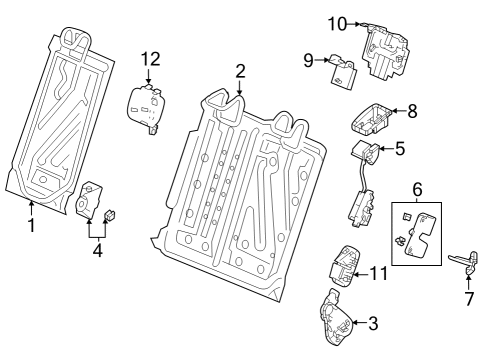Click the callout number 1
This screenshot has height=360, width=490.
coord(31,226)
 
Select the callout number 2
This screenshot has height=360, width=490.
coord(240,70)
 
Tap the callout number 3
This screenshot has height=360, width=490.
coord(373,323)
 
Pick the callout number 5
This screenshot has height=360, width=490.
coord(399,149)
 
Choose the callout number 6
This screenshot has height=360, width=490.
coord(417,189)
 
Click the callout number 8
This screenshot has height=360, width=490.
coord(412,114)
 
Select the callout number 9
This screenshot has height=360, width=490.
coord(310,61)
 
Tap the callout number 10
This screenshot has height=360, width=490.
coord(337,22)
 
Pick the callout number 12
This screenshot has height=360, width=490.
coord(149,59)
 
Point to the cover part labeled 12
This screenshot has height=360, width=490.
coord(146,105)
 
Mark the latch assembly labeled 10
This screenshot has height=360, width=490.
coord(386,50)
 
